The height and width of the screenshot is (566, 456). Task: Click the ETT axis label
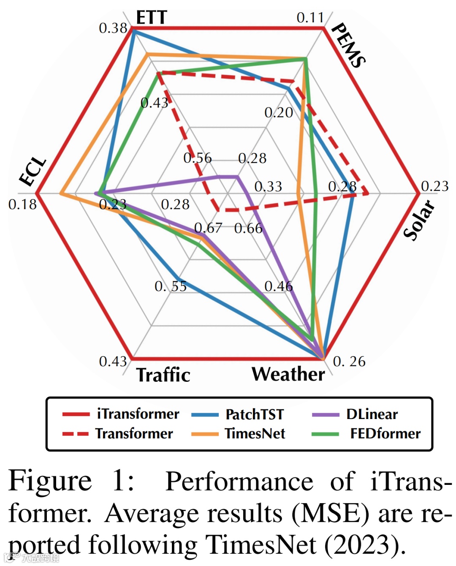pyautogui.click(x=152, y=18)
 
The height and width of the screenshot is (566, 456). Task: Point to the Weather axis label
pyautogui.click(x=288, y=374)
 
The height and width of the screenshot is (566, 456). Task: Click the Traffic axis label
pyautogui.click(x=163, y=375)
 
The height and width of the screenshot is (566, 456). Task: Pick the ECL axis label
pyautogui.click(x=33, y=171)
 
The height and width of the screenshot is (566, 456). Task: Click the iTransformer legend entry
pyautogui.click(x=138, y=414)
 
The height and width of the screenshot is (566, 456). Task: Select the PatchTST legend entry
pyautogui.click(x=255, y=414)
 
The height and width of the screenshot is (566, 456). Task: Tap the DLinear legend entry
pyautogui.click(x=372, y=414)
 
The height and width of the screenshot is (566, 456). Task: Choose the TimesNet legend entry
pyautogui.click(x=255, y=433)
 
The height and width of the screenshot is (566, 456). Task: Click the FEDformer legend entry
pyautogui.click(x=385, y=433)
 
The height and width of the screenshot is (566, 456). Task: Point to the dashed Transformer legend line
pyautogui.click(x=76, y=433)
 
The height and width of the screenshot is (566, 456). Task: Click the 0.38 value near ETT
pyautogui.click(x=113, y=28)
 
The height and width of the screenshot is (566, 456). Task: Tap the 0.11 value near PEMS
pyautogui.click(x=310, y=18)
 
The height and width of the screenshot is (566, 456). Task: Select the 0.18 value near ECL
pyautogui.click(x=22, y=204)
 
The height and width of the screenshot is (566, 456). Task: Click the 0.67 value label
pyautogui.click(x=208, y=228)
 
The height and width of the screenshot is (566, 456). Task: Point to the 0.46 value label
pyautogui.click(x=278, y=286)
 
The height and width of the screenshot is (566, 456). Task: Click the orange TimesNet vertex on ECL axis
pyautogui.click(x=61, y=193)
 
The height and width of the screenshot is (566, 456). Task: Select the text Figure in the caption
pyautogui.click(x=50, y=481)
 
